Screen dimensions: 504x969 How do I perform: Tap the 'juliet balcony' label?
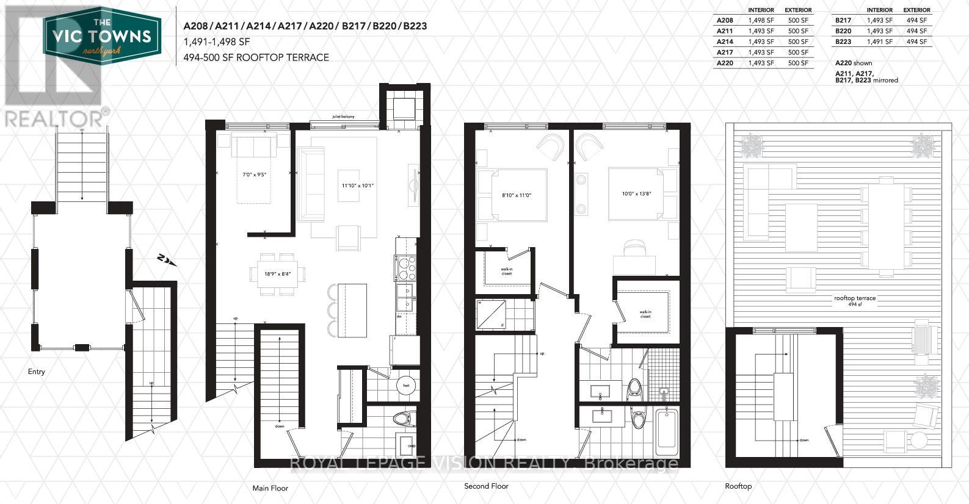(x=343, y=116)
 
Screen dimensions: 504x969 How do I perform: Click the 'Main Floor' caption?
(x=270, y=488)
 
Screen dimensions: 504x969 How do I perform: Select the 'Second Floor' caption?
(x=486, y=486)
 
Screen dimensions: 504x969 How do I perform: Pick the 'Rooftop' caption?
(x=738, y=486)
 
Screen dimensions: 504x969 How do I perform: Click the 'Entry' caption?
(x=36, y=372)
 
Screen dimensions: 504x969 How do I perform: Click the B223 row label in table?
(x=843, y=41)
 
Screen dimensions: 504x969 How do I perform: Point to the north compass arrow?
(x=167, y=261)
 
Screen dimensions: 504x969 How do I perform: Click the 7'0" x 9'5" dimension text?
(x=255, y=175)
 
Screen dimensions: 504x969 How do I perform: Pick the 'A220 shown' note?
(x=854, y=63)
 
